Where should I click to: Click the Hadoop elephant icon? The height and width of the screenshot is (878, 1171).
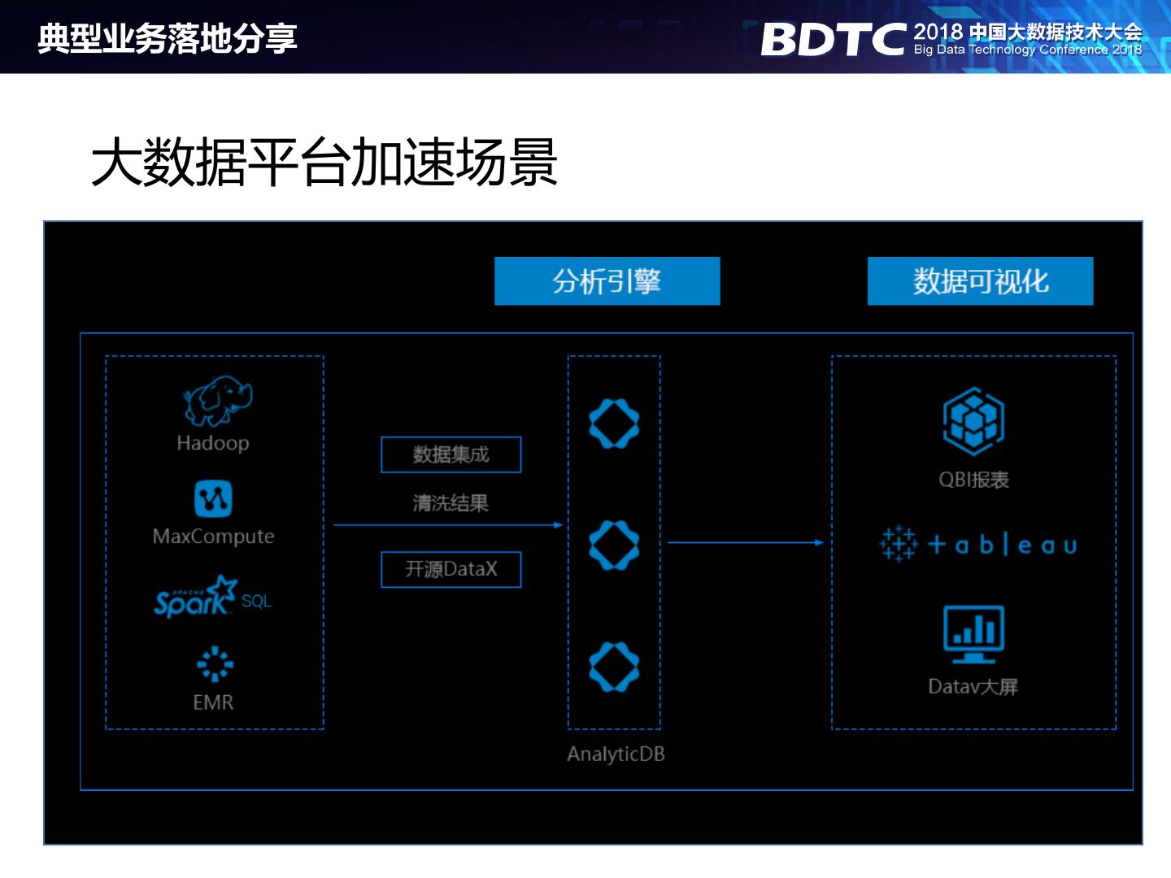pyautogui.click(x=216, y=401)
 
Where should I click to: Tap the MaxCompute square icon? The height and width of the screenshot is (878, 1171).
pyautogui.click(x=213, y=498)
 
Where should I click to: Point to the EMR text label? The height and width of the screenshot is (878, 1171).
pyautogui.click(x=213, y=702)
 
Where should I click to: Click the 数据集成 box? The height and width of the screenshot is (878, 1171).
pyautogui.click(x=451, y=454)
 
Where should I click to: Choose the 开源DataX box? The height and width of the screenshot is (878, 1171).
pyautogui.click(x=451, y=569)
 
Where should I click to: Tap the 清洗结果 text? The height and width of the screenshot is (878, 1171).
pyautogui.click(x=451, y=503)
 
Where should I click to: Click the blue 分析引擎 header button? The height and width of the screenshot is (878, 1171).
pyautogui.click(x=607, y=281)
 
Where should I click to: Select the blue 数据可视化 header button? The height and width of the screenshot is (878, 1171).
pyautogui.click(x=980, y=281)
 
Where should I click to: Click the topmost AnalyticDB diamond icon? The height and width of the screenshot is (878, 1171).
pyautogui.click(x=614, y=424)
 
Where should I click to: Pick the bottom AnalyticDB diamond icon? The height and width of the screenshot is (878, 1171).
pyautogui.click(x=614, y=667)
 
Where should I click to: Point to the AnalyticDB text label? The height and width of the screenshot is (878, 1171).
pyautogui.click(x=616, y=754)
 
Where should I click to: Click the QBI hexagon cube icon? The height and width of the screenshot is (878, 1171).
pyautogui.click(x=973, y=421)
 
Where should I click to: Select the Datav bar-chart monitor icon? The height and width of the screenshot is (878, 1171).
pyautogui.click(x=973, y=633)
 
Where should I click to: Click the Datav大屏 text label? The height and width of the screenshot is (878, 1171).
pyautogui.click(x=973, y=687)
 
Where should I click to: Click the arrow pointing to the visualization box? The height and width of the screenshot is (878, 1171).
pyautogui.click(x=745, y=542)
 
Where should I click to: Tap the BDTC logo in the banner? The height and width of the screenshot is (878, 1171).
pyautogui.click(x=833, y=39)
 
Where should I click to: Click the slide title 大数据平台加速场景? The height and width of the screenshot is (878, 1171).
pyautogui.click(x=324, y=163)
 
